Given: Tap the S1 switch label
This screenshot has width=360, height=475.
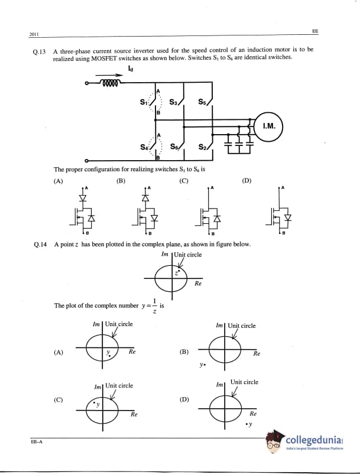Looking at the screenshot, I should (143, 102).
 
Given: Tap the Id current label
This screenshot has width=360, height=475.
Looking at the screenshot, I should (130, 69).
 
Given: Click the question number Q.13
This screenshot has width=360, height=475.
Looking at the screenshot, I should (40, 51).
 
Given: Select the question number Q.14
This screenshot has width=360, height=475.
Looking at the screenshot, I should (40, 244).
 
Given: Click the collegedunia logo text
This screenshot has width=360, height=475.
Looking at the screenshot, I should (313, 441).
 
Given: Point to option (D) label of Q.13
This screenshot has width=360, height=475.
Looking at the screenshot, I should (247, 180).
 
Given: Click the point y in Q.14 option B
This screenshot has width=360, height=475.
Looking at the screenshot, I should (203, 365).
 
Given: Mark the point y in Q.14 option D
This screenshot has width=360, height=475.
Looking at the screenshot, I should (250, 424).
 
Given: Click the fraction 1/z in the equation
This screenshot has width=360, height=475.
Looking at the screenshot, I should (154, 305).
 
